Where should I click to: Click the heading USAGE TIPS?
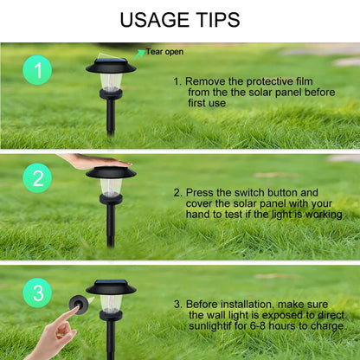pyautogui.click(x=180, y=20)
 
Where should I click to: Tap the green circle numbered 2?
pyautogui.click(x=37, y=180)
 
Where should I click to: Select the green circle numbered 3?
pyautogui.click(x=37, y=292)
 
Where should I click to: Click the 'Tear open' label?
pyautogui.click(x=164, y=52)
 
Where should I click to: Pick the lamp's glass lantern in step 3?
pyautogui.click(x=111, y=303)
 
